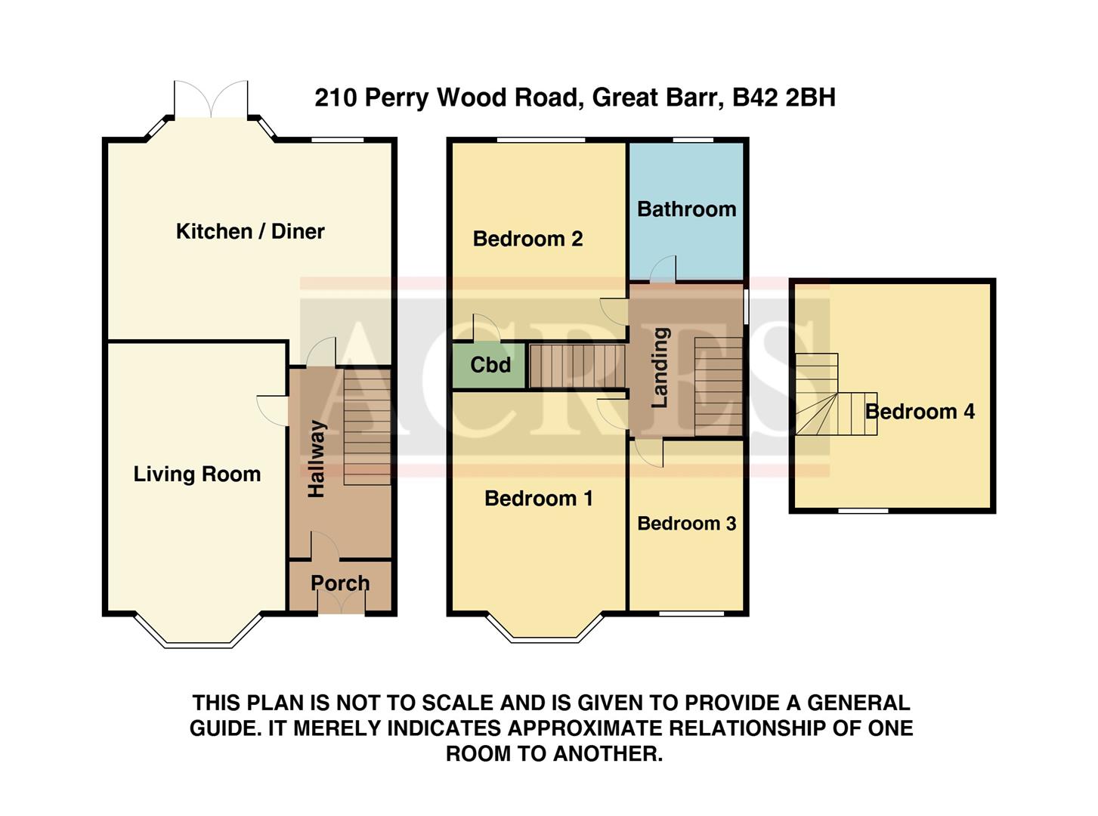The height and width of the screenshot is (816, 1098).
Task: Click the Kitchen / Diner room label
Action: pos(250,231)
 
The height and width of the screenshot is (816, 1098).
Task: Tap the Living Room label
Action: pos(196,474)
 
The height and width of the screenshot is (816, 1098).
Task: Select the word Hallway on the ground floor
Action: pos(317,459)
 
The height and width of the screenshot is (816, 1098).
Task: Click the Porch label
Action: pos(340,583)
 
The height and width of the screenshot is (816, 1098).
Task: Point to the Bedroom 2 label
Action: pos(527,240)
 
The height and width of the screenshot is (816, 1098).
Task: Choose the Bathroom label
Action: pos(686,209)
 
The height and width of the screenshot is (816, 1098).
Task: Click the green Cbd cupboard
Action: pos(490,366)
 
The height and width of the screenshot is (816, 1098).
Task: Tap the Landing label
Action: pos(660,367)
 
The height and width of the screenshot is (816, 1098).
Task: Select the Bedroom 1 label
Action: pos(538,499)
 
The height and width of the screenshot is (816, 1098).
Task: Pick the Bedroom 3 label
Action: pos(686,524)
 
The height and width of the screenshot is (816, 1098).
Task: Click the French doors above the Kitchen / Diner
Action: pos(211,100)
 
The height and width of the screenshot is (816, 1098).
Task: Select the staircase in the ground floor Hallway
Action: pos(367,427)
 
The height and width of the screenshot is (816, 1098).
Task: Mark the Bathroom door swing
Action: pos(663,268)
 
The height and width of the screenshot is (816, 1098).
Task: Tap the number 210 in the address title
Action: pos(336,97)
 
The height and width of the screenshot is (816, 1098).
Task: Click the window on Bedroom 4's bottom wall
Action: pos(864,511)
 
